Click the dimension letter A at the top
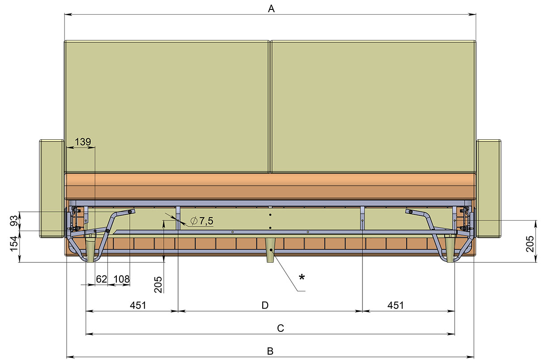271,9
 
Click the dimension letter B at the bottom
270,351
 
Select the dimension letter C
281,328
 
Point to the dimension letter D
265,305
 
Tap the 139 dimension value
83,141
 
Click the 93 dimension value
14,220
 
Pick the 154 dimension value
14,243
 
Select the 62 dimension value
102,279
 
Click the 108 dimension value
122,279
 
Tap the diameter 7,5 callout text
202,221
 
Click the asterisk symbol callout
302,277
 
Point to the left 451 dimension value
138,305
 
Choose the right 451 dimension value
396,305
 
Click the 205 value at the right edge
530,244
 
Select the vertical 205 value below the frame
158,284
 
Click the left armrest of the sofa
51,189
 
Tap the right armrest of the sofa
489,189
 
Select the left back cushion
167,107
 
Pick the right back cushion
373,107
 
